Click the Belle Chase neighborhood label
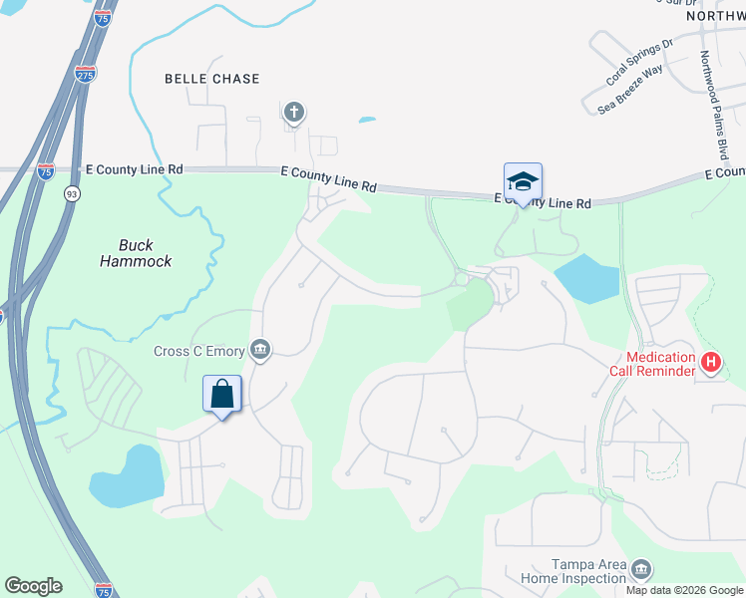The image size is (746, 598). [x=211, y=79]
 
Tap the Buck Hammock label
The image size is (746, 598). [x=137, y=253]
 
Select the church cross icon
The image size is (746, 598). [x=293, y=113]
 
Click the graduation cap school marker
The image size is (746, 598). [x=523, y=181]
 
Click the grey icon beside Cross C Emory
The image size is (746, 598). [x=261, y=348]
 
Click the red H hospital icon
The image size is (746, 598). [x=711, y=362]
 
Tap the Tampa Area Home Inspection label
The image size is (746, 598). [x=565, y=571]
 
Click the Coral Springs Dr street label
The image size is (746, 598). [x=640, y=62]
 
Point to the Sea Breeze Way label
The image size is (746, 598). [x=630, y=89]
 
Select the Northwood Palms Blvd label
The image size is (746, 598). [x=713, y=106]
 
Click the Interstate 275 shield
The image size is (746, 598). [x=84, y=73]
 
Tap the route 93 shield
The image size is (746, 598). [x=72, y=195]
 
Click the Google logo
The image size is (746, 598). [x=33, y=586]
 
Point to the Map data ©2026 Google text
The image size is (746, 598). [x=684, y=590]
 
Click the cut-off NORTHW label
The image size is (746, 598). [x=716, y=16]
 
